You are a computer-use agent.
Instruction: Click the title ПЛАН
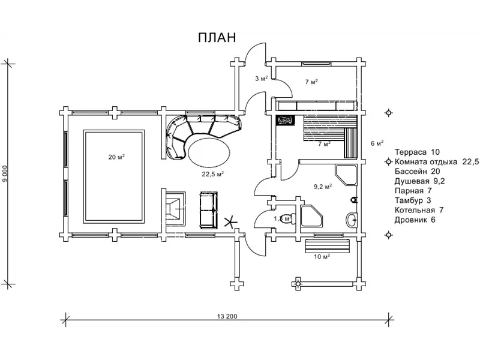(217, 37)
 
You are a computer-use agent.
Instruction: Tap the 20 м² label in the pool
(116, 157)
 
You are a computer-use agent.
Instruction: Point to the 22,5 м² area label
(212, 174)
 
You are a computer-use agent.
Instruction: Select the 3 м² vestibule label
(261, 79)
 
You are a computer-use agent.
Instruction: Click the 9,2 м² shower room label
(323, 187)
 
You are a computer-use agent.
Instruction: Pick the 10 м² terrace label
(322, 257)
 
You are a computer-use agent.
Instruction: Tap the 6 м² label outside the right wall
(377, 143)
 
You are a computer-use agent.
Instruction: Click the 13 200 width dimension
(228, 317)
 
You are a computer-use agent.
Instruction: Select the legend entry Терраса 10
(418, 152)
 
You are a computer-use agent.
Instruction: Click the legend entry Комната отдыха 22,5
(436, 162)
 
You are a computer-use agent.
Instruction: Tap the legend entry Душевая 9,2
(419, 181)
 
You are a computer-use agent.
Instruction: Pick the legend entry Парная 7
(413, 191)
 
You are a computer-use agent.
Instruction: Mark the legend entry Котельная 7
(419, 210)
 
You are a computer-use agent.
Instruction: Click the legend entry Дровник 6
(415, 220)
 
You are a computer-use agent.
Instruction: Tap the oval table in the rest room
(209, 151)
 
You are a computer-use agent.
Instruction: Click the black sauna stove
(285, 120)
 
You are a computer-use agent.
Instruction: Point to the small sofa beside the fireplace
(208, 210)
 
